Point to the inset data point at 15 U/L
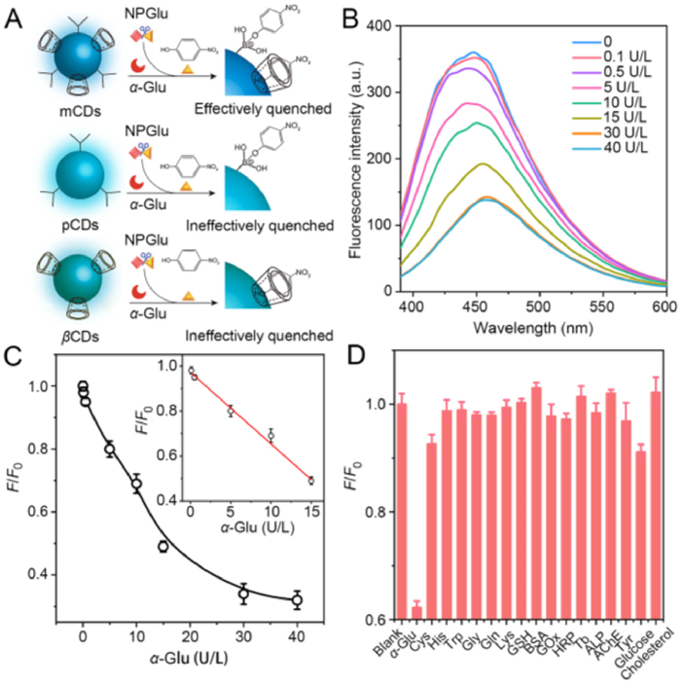[310, 481]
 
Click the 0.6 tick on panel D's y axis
[383, 620]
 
